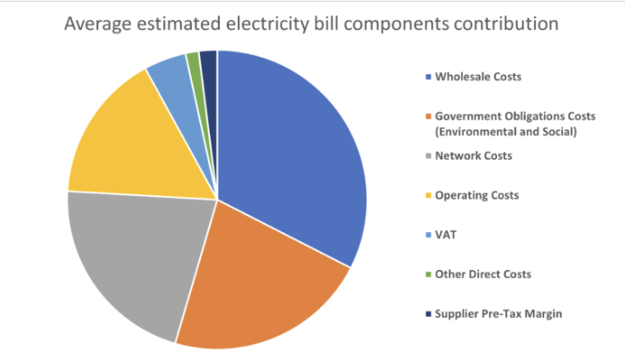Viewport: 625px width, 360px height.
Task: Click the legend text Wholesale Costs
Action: pos(478,76)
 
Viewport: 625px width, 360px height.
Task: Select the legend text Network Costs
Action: pos(474,156)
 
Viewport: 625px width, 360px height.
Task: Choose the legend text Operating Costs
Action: pos(477,194)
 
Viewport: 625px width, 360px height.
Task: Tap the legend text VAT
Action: pos(445,234)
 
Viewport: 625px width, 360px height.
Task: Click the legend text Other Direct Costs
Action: pos(483,274)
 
